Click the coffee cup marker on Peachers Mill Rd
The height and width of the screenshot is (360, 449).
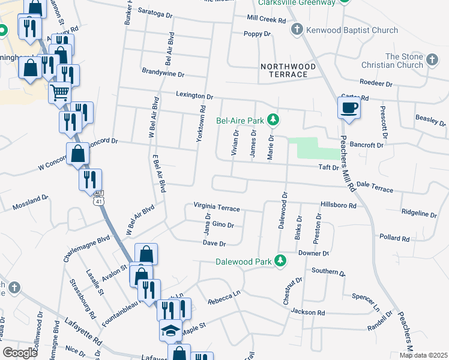click(348, 108)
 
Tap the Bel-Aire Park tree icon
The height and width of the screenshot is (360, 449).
click(274, 120)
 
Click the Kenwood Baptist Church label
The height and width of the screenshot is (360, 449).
click(352, 30)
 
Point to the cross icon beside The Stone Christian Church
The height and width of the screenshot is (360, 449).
click(432, 59)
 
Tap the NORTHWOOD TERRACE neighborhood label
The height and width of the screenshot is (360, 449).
click(284, 70)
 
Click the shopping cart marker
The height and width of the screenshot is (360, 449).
click(59, 92)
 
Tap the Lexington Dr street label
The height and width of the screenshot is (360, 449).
click(194, 95)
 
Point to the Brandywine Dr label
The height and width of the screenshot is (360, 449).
click(163, 73)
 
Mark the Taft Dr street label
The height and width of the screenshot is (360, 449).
click(328, 168)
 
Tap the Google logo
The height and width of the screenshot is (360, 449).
click(20, 353)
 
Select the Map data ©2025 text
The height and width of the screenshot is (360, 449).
click(423, 355)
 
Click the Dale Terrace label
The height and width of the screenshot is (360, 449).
click(375, 187)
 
